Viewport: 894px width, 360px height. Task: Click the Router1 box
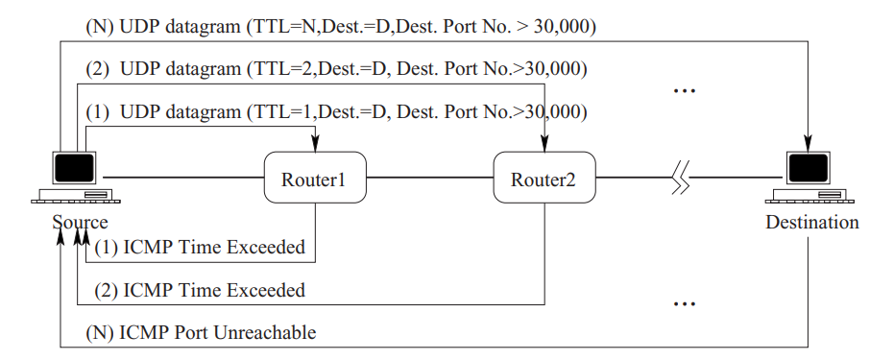click(314, 179)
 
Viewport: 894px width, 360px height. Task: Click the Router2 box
click(544, 179)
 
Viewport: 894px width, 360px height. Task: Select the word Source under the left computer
click(81, 223)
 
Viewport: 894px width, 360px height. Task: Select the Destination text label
click(812, 223)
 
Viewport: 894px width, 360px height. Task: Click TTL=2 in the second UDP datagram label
click(279, 69)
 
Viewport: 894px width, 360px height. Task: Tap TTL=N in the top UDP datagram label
click(278, 27)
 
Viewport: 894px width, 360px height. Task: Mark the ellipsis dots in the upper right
click(684, 91)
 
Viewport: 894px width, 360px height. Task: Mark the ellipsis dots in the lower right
click(684, 304)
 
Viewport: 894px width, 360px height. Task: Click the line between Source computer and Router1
click(182, 178)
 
